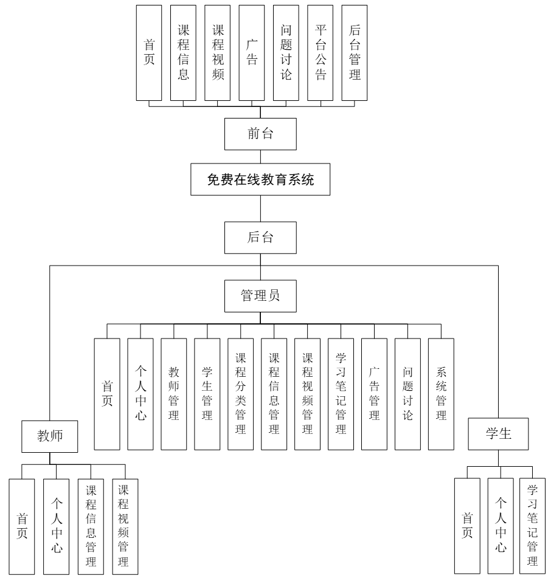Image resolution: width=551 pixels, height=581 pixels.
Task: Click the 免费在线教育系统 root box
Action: tap(261, 180)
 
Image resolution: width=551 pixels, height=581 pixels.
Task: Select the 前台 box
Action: tap(261, 134)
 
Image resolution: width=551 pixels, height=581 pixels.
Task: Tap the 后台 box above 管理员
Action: tap(261, 238)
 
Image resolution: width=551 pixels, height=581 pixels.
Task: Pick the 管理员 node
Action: tap(261, 296)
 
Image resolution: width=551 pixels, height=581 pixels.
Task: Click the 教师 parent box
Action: tap(51, 436)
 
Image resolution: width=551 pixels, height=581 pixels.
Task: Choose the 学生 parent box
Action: tap(499, 436)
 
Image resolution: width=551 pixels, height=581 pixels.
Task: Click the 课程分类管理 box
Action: tap(241, 394)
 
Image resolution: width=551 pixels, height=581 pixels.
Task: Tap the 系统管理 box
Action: tap(442, 394)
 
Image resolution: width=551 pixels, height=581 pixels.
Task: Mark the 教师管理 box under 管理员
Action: tap(174, 394)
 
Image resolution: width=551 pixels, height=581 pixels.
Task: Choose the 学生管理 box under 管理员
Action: tap(207, 394)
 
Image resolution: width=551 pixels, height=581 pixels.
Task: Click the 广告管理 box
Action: tap(375, 394)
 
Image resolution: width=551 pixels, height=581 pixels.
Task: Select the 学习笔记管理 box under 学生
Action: tap(533, 526)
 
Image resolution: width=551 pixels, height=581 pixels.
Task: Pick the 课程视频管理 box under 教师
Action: tap(125, 526)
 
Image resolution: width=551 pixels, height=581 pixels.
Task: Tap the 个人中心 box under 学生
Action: tap(500, 526)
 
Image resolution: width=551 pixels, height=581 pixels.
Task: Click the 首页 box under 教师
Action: tap(23, 526)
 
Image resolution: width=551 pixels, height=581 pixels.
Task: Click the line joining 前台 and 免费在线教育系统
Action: tap(261, 156)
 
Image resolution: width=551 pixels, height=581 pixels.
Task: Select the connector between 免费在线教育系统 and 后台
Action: tap(261, 208)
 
